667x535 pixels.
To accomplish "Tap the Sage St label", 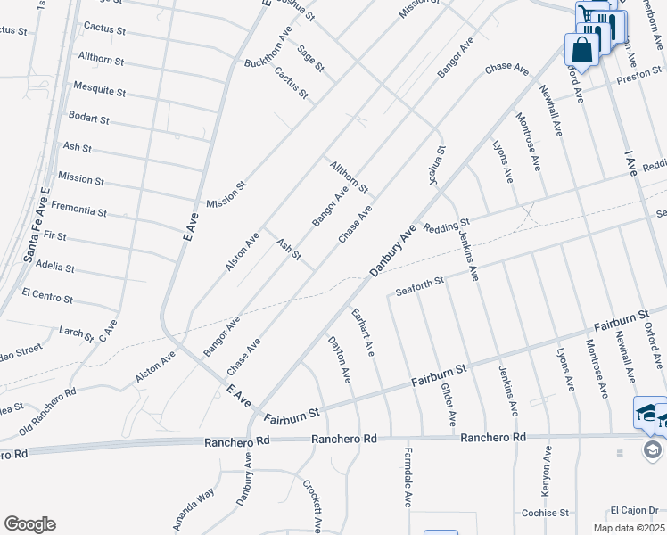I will tap(311, 59).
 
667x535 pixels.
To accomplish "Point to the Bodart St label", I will tap(89, 119).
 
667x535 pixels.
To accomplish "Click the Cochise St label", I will tap(545, 514).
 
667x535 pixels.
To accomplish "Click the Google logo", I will tap(29, 524).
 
